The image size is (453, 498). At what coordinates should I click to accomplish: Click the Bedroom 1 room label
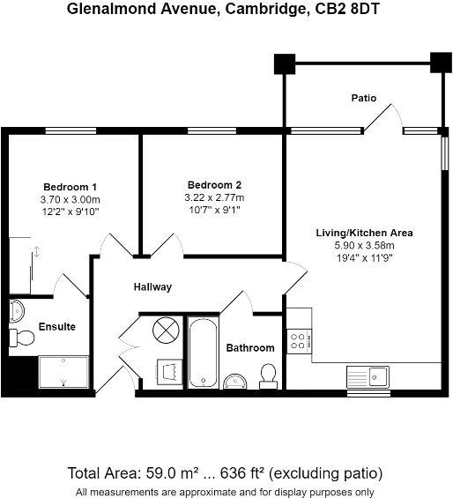tap(70, 187)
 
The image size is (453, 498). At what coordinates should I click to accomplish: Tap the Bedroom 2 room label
tap(213, 185)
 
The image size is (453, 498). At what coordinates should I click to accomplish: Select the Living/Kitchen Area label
tap(365, 234)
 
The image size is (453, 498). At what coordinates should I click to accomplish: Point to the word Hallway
tap(152, 287)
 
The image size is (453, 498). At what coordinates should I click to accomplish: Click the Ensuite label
tap(56, 327)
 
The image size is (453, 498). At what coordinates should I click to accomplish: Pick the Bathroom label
tap(250, 348)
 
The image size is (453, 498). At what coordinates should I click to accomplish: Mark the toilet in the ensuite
tap(23, 338)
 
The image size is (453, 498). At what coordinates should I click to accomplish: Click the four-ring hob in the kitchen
tap(297, 340)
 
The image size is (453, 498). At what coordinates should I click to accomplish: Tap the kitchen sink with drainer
tap(368, 376)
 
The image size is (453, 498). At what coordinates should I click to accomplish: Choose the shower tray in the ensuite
tap(63, 372)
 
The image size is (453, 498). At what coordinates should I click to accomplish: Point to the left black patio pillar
tap(284, 63)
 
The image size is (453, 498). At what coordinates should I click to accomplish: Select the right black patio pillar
tap(439, 63)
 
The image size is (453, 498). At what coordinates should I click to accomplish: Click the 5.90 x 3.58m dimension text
tap(365, 246)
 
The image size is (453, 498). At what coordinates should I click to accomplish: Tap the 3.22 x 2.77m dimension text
tap(213, 198)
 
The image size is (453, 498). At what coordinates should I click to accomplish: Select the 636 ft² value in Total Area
tap(273, 474)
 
